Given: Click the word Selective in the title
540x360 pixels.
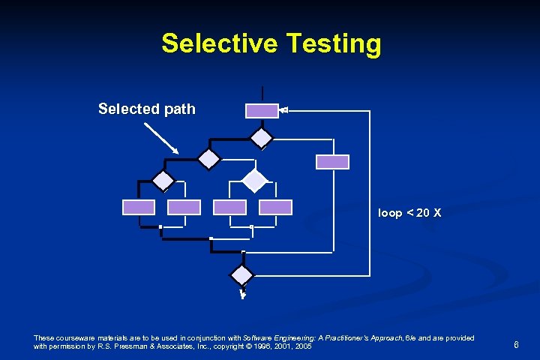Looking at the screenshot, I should (x=217, y=43).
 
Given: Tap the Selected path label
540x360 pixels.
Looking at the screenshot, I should (x=147, y=109).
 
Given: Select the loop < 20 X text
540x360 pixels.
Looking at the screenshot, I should (x=409, y=213).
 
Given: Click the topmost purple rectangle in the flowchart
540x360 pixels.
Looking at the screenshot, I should (x=262, y=111).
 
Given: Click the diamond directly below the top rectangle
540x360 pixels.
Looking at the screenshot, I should (x=262, y=137).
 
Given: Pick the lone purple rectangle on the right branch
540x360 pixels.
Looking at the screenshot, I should (x=332, y=162).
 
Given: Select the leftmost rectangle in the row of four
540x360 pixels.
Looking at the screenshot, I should (x=139, y=207).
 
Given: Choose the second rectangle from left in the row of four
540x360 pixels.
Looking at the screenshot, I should (x=184, y=207).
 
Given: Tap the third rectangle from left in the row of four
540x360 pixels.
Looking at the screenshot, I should (x=229, y=207).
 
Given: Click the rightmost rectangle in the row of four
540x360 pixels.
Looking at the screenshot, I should (x=275, y=207).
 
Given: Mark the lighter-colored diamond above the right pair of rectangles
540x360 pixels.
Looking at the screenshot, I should (x=256, y=181).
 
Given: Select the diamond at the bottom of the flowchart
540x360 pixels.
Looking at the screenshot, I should (x=242, y=274).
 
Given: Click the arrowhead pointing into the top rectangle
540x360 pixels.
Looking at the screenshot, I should (x=283, y=111).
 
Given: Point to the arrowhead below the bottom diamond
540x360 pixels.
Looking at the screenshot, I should (x=243, y=294).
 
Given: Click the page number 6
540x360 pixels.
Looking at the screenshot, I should (x=516, y=345).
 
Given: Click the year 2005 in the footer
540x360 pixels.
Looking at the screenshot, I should (x=302, y=347).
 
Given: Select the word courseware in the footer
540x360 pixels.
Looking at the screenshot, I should (x=75, y=338).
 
